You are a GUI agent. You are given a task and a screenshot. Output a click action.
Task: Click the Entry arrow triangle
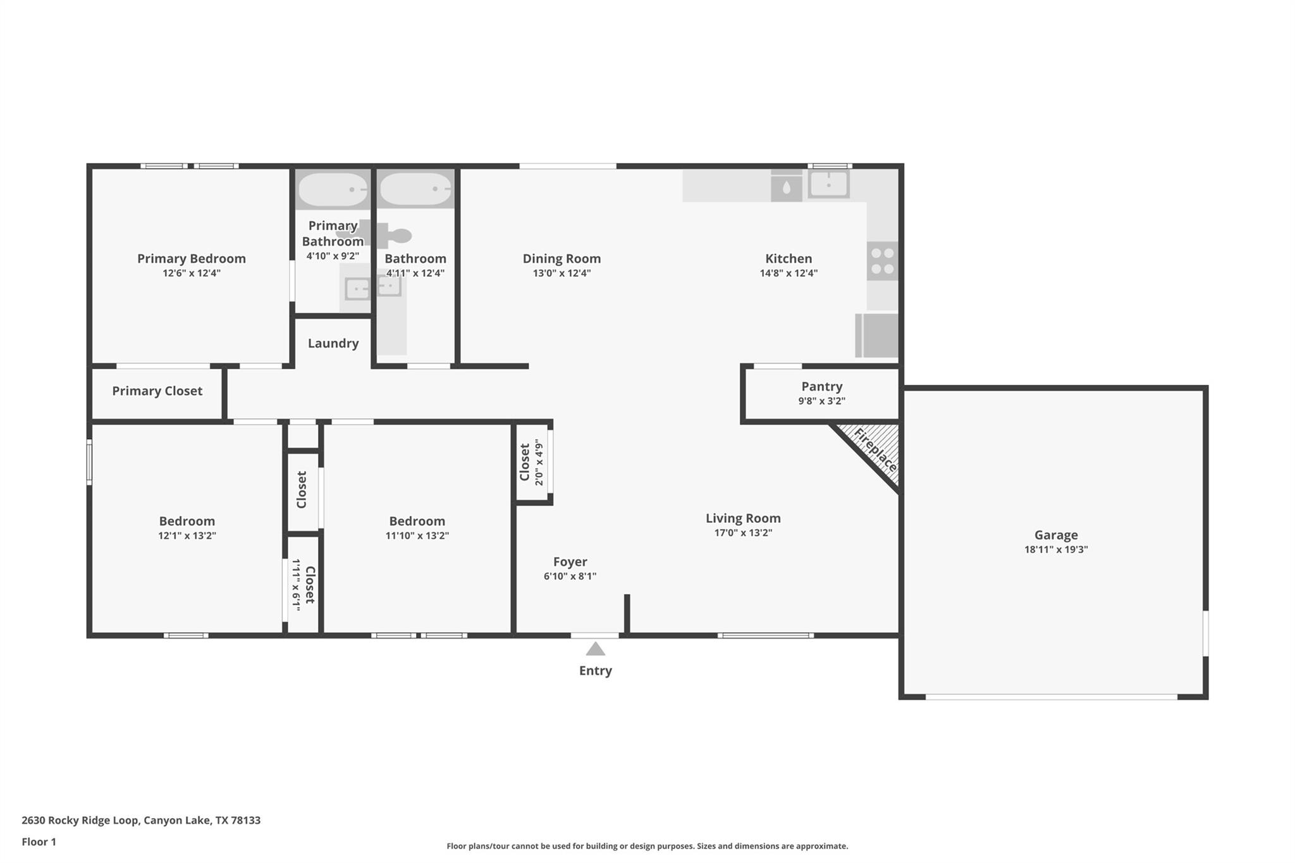[595, 649]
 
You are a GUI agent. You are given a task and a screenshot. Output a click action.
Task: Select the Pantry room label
[821, 386]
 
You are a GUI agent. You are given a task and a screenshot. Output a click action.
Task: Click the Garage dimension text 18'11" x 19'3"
[1055, 549]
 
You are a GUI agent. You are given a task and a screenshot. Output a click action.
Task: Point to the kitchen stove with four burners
[882, 261]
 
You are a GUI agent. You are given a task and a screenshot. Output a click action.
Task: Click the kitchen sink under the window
[828, 185]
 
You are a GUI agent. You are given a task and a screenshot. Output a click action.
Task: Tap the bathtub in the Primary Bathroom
[333, 189]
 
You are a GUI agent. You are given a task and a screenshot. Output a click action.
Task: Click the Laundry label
[333, 343]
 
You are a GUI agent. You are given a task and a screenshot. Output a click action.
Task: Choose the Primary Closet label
[157, 391]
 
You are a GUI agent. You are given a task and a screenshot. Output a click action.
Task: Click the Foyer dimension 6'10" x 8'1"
[570, 576]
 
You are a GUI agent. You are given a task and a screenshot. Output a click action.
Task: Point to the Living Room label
[743, 518]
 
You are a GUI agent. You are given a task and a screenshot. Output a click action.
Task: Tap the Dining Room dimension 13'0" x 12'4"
[562, 273]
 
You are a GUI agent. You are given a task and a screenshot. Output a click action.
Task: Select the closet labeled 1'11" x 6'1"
[303, 584]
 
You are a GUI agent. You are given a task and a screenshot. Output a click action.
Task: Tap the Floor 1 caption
[39, 842]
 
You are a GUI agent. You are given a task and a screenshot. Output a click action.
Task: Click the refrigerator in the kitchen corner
[877, 335]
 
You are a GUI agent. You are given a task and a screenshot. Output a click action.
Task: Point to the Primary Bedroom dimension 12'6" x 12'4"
[191, 273]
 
